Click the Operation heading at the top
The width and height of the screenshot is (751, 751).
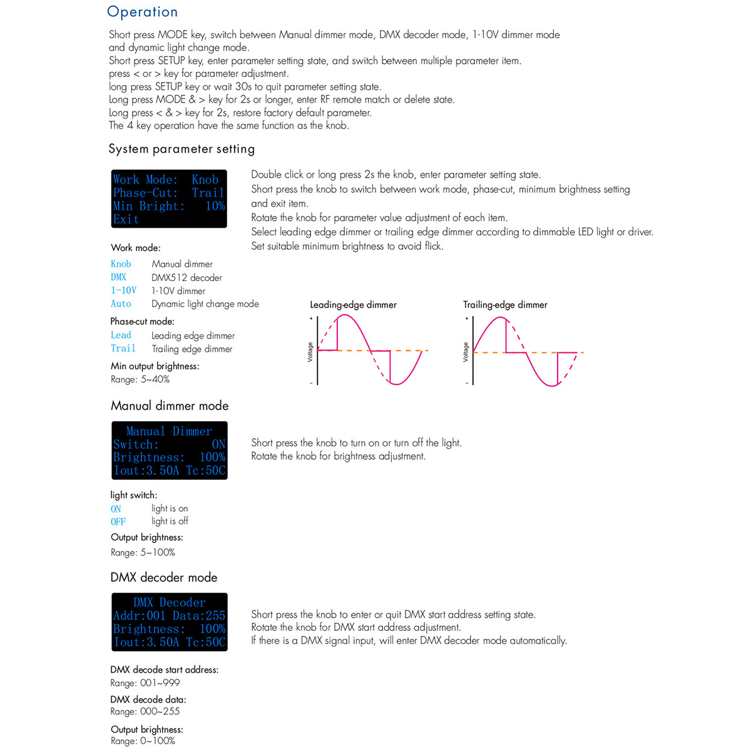(142, 12)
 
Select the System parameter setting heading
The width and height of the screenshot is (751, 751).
(181, 149)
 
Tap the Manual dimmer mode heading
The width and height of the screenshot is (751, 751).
(170, 406)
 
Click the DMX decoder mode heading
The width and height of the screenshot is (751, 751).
(164, 577)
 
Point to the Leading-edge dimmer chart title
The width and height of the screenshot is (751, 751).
(353, 305)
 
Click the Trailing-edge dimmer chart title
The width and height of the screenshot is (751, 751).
(505, 305)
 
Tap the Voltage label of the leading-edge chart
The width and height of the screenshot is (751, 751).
(310, 352)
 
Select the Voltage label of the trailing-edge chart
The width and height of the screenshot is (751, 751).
(466, 352)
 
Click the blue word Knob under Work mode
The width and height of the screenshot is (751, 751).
(121, 264)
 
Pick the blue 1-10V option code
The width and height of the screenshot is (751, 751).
(123, 290)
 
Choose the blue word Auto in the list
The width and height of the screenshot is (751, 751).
(121, 304)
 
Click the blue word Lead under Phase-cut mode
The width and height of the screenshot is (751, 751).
(121, 335)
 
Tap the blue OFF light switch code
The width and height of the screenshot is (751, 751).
(118, 522)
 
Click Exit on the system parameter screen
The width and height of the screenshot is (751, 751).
(126, 220)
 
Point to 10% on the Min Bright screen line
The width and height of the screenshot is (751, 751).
(215, 206)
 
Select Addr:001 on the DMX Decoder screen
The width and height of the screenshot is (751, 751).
(139, 616)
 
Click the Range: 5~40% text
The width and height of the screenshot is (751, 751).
(140, 379)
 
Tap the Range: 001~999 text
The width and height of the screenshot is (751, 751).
(145, 683)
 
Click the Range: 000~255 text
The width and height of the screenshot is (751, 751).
(145, 712)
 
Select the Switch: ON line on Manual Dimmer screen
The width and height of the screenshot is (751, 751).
(169, 444)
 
